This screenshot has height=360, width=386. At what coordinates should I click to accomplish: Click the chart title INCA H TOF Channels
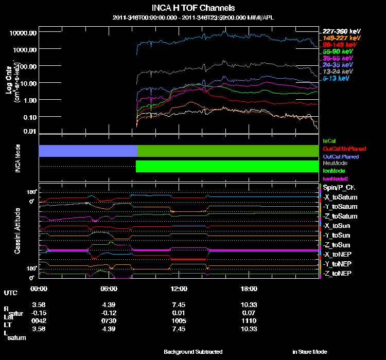193,8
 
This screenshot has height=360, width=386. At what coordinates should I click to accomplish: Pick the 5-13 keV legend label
336,79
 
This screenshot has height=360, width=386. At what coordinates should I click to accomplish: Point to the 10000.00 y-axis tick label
23,33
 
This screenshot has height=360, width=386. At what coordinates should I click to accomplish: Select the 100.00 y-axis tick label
27,66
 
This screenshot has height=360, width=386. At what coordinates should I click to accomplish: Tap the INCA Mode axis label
17,158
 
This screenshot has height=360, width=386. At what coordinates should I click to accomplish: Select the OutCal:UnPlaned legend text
340,148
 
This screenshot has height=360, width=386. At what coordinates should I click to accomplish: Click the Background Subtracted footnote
193,352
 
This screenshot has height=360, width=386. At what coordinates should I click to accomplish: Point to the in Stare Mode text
309,352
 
